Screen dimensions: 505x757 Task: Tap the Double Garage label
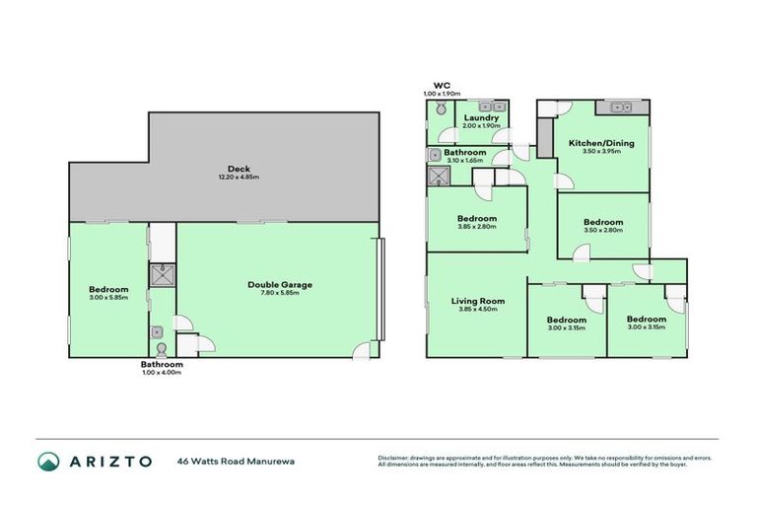coord(279,285)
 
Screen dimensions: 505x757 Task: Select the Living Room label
coord(477,301)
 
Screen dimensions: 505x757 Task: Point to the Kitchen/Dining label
coord(600,143)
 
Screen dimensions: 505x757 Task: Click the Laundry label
coord(482,117)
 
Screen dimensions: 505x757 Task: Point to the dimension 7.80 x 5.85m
coord(279,294)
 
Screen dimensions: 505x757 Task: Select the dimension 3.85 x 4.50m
coord(477,310)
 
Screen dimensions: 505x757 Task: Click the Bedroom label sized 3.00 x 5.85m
coord(108,289)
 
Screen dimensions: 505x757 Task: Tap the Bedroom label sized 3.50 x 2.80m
coord(602,222)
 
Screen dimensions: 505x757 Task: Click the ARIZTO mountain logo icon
coord(49,461)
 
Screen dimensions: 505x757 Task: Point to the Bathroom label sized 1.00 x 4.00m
coord(161,364)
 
